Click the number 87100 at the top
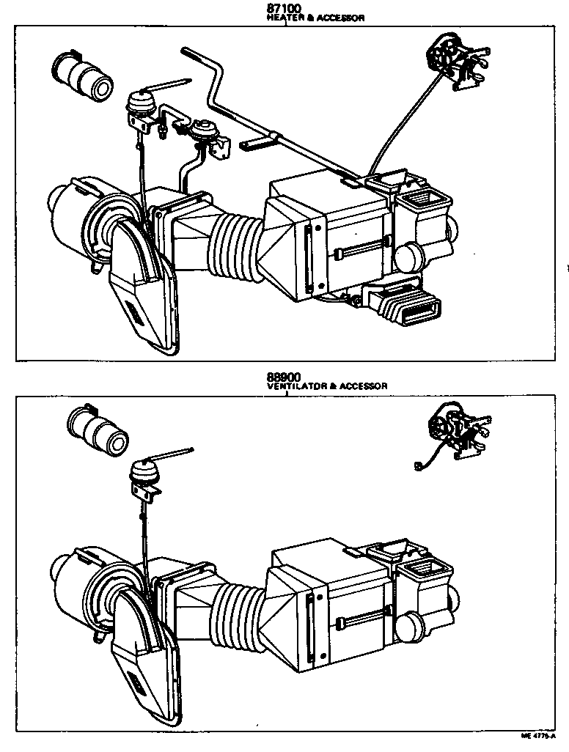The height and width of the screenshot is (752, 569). [284, 8]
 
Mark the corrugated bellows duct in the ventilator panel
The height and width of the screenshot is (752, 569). [237, 611]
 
